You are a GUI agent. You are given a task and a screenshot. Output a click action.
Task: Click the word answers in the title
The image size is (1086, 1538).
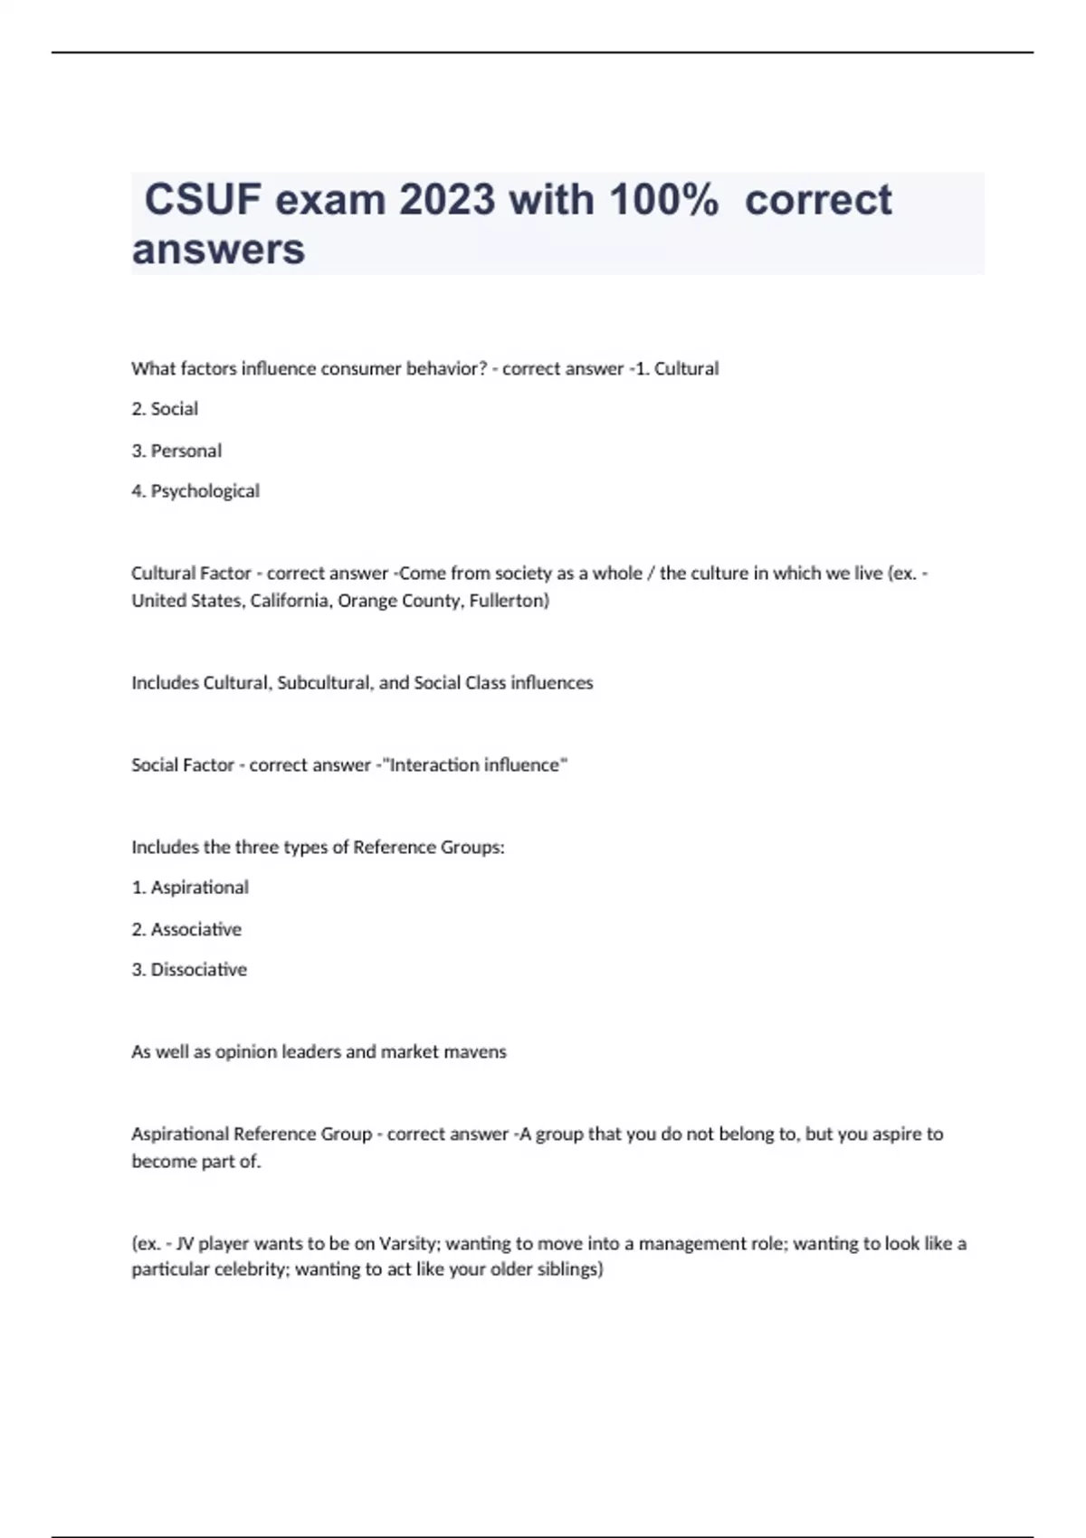218,250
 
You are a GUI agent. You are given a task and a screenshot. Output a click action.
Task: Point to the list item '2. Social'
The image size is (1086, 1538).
165,409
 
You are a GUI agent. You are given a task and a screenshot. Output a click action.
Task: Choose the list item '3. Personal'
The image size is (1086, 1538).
176,451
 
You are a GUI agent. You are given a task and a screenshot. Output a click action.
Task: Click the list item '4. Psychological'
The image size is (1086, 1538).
195,491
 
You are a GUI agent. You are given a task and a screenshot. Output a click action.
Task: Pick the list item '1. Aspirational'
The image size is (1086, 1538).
190,888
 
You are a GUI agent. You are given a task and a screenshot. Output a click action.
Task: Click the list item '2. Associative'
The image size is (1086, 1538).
186,929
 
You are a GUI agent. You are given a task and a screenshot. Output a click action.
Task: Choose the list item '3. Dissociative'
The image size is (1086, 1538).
189,970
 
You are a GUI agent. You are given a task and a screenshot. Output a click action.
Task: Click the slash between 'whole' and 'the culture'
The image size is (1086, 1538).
651,574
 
